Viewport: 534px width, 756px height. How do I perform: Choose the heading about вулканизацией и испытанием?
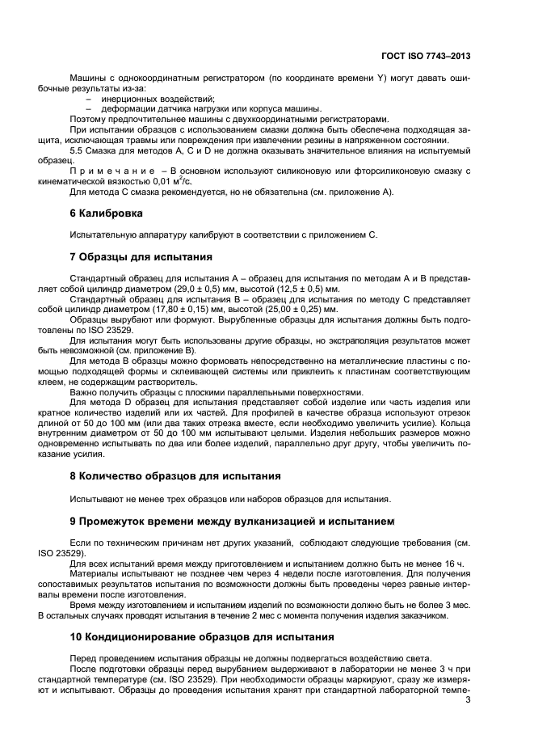(221, 520)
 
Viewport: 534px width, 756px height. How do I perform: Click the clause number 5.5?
(78, 150)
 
